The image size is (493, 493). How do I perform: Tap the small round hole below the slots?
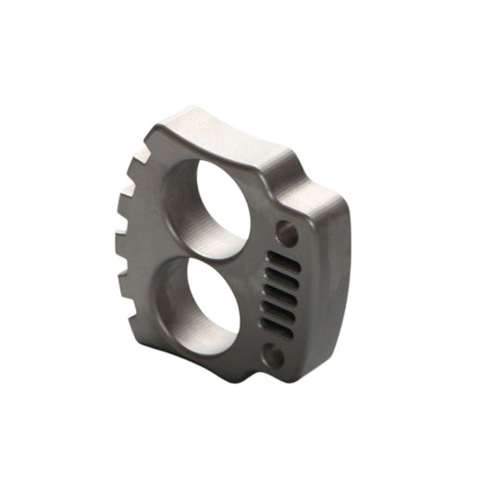coord(275,354)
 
